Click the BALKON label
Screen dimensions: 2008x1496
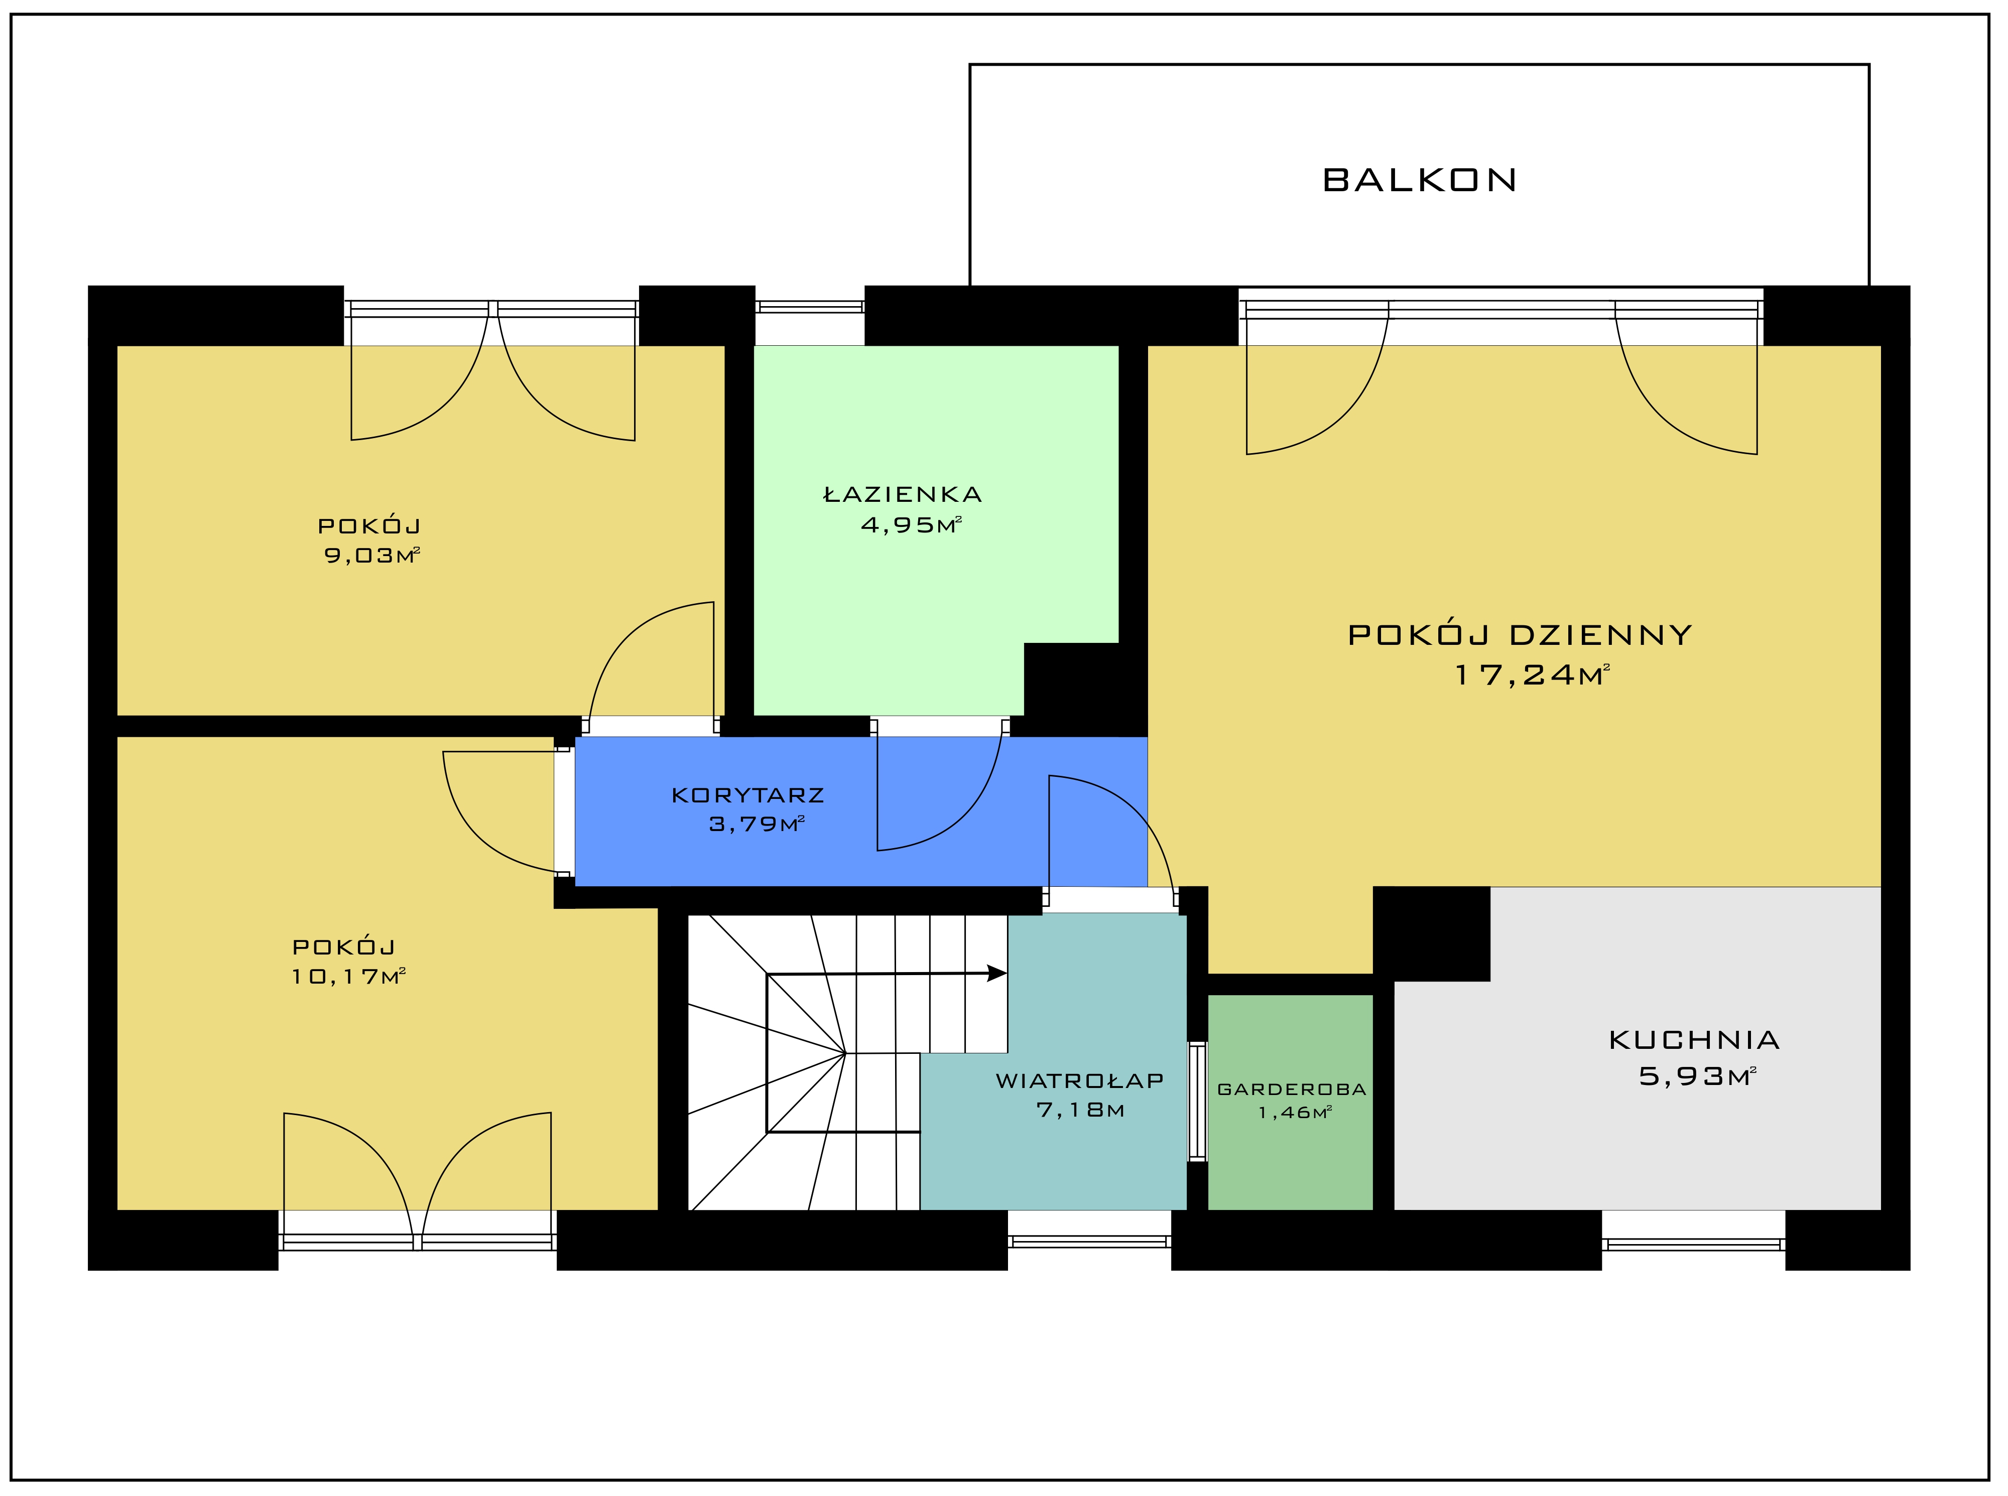click(x=1419, y=180)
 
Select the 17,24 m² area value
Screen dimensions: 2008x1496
click(x=1532, y=674)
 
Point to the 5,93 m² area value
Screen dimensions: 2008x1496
click(x=1697, y=1076)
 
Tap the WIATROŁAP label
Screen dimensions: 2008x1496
click(x=1080, y=1080)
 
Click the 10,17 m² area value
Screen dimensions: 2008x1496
click(x=348, y=976)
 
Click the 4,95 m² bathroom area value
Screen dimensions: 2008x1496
click(x=910, y=525)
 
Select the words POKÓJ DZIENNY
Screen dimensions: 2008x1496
click(x=1520, y=635)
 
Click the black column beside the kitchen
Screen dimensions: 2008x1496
click(x=1431, y=933)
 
